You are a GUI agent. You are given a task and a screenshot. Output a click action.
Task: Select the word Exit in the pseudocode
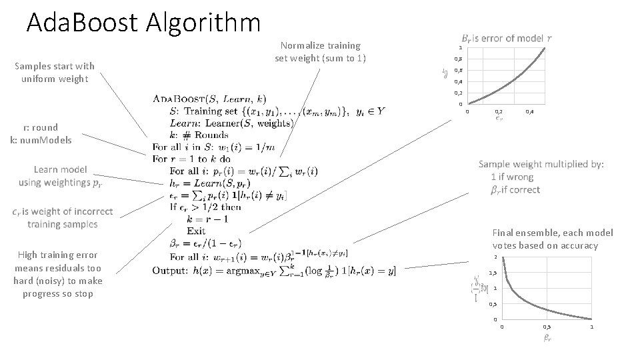pyautogui.click(x=196, y=231)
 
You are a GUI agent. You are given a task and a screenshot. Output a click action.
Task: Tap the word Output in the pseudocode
pyautogui.click(x=170, y=270)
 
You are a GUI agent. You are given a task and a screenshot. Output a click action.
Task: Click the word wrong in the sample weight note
pyautogui.click(x=520, y=177)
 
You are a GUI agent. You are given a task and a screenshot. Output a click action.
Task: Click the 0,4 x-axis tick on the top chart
pyautogui.click(x=529, y=111)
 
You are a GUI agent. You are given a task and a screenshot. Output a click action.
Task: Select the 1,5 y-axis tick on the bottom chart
pyautogui.click(x=493, y=273)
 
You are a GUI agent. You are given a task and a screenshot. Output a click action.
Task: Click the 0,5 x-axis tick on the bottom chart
pyautogui.click(x=547, y=327)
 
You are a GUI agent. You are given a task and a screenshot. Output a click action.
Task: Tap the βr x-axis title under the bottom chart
pyautogui.click(x=547, y=338)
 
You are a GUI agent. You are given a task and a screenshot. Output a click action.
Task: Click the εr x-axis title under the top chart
pyautogui.click(x=499, y=120)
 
